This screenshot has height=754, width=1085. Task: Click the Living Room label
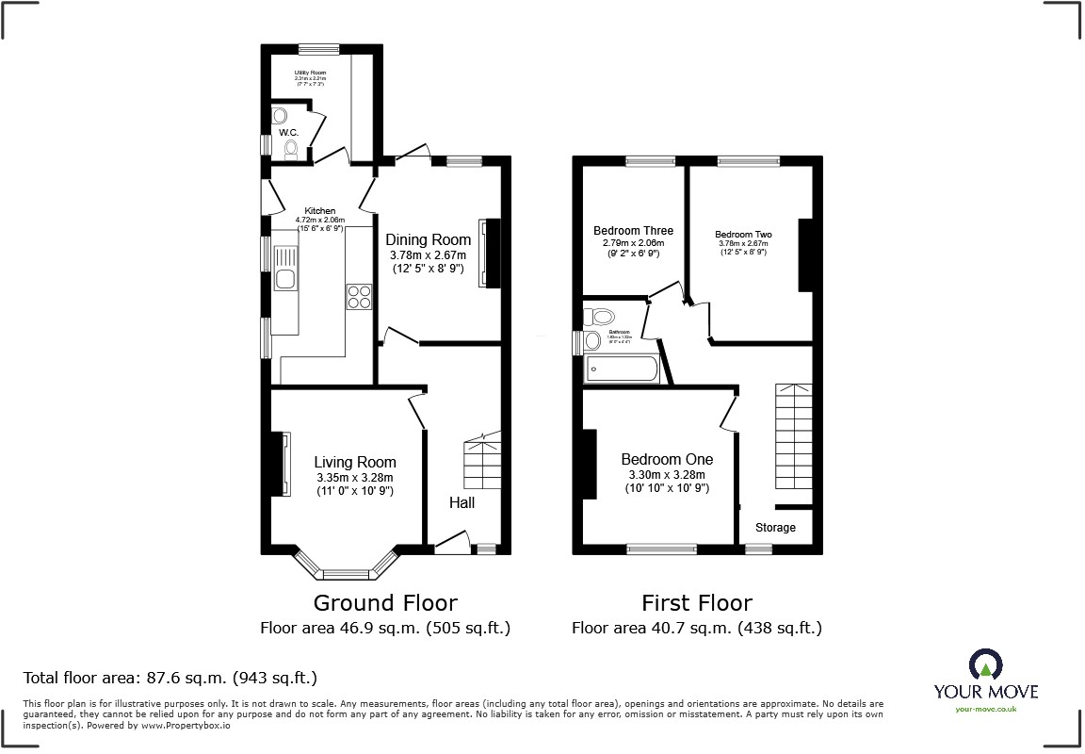coord(354,462)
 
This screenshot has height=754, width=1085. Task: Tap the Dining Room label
coord(429,240)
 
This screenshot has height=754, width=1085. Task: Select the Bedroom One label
coord(667,460)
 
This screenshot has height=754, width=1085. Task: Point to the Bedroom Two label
coord(743,235)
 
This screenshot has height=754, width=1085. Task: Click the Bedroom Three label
coord(633,231)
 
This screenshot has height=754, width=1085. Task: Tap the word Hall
coord(462,502)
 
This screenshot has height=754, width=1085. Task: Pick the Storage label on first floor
coord(775,528)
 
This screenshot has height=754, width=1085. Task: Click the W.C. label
coord(288,133)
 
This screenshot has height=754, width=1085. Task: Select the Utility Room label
coord(310,72)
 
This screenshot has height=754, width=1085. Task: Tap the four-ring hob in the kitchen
coord(359,296)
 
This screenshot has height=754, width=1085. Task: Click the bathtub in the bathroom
coord(623,369)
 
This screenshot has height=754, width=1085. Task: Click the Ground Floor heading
coord(385,603)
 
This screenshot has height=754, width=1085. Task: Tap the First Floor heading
coord(697,603)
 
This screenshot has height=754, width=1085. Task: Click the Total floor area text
coord(170,678)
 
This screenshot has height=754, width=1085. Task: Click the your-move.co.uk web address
coord(985,710)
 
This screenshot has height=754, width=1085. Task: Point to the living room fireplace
coord(280,463)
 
